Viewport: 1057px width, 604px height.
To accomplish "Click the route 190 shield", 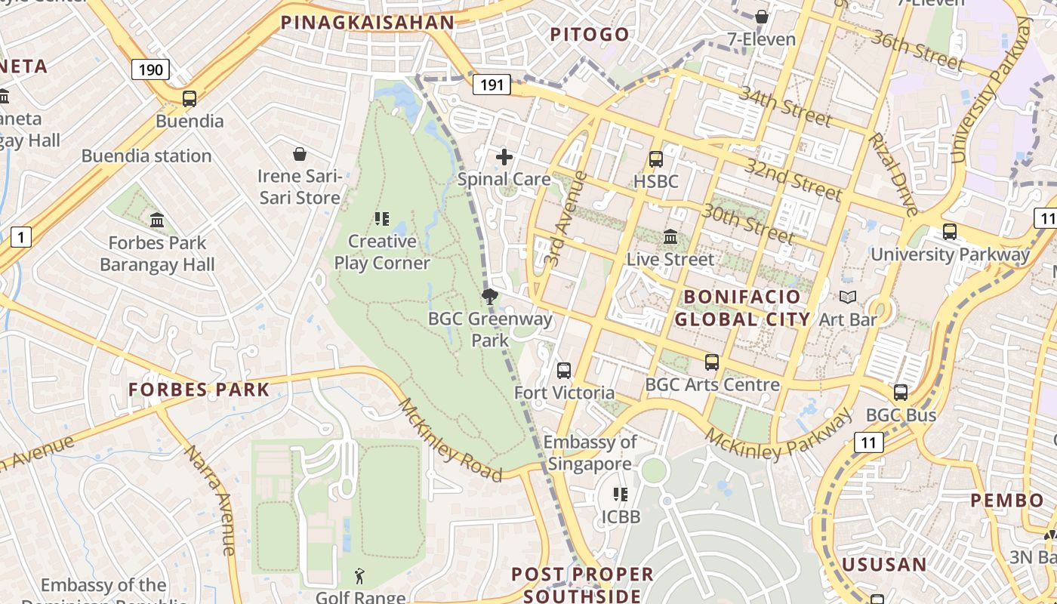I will tap(150, 70).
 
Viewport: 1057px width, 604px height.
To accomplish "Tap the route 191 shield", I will tap(492, 85).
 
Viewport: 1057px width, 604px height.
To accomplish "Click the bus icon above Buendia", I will tap(190, 99).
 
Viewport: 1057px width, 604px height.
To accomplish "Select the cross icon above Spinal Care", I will tap(504, 157).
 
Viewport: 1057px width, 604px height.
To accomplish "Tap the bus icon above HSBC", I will tap(655, 159).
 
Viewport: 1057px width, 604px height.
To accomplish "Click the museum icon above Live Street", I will tap(670, 237).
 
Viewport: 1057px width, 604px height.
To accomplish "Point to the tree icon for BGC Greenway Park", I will tap(490, 296).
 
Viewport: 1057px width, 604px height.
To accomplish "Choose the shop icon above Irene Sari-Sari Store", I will tap(300, 155).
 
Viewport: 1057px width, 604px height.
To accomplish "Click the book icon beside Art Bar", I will tap(847, 297).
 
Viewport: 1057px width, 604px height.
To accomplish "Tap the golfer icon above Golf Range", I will tap(360, 577).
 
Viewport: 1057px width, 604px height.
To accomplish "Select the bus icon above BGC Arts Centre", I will tap(712, 362).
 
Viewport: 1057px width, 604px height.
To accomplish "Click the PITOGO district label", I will tap(590, 34).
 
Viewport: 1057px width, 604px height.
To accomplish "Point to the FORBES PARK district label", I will tap(199, 390).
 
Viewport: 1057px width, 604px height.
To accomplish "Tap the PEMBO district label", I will tap(1007, 501).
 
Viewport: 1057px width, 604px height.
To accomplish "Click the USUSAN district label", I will tap(884, 564).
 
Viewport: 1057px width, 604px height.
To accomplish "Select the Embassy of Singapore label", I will tap(590, 453).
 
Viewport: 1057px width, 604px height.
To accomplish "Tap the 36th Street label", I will tap(917, 51).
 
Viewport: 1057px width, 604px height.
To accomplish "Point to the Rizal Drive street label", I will tap(892, 174).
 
